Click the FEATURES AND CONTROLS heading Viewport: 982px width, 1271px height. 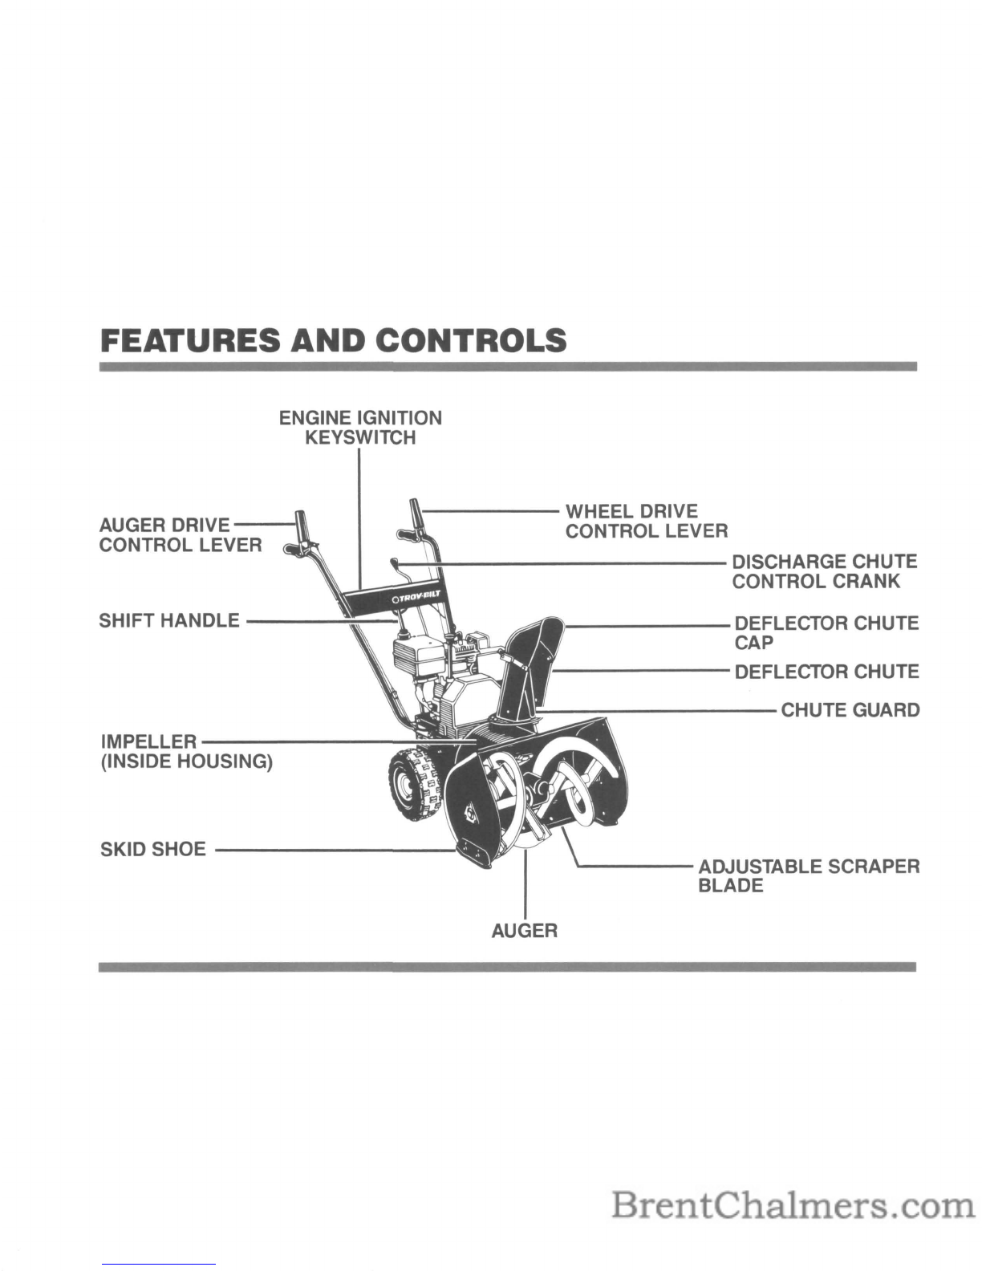tap(334, 340)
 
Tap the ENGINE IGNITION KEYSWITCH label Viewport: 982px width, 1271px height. tap(360, 428)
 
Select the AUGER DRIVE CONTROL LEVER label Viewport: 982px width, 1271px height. tap(181, 535)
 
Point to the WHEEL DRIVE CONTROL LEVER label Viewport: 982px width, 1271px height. tap(647, 521)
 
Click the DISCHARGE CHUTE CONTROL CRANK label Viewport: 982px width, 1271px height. tap(825, 571)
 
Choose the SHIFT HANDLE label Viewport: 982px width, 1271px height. tap(169, 620)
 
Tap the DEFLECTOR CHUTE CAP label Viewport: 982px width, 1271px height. tap(826, 632)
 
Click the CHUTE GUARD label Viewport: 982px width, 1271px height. tap(850, 710)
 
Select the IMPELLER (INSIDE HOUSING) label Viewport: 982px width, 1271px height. tap(187, 752)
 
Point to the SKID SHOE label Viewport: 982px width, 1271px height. tap(153, 849)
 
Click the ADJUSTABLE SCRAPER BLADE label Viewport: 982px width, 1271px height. tap(809, 875)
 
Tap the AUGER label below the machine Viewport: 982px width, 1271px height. tap(525, 931)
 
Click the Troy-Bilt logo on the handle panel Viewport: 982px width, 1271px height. tap(416, 599)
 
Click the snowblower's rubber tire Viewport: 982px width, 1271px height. tap(412, 786)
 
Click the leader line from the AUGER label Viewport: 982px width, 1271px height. tap(525, 883)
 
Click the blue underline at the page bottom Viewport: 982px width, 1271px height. tap(159, 1264)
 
